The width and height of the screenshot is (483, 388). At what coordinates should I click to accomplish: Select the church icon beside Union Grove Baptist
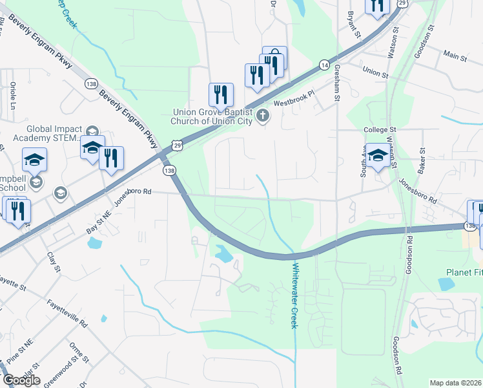(262, 116)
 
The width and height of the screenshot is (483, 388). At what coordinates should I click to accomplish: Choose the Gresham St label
(336, 83)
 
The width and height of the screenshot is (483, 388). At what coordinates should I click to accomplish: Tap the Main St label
(455, 58)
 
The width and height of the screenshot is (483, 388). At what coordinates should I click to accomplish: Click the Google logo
(21, 380)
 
